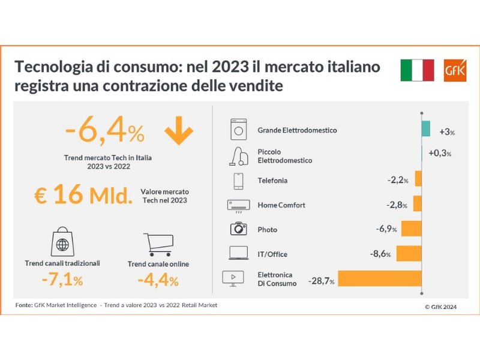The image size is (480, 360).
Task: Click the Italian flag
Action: (417, 71)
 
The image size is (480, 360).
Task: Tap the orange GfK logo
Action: (452, 71)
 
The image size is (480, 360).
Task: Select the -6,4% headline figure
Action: (104, 130)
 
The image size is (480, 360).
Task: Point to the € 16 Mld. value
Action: (83, 196)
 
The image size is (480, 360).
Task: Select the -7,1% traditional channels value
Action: (62, 280)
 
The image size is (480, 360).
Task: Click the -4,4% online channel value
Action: (158, 280)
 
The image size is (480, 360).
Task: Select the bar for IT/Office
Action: (409, 254)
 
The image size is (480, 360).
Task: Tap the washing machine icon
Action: (239, 130)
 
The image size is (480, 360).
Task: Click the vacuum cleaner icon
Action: (238, 156)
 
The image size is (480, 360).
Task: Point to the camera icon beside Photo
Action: (238, 229)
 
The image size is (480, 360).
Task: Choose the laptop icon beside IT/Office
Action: (238, 254)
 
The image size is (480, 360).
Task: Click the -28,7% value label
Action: (321, 280)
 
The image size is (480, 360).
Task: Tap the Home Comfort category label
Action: (281, 205)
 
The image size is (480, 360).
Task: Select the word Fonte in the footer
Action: (25, 305)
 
